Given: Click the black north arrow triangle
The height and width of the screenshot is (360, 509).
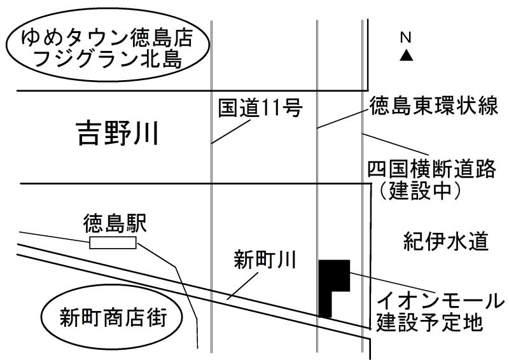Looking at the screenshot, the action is tap(406, 55).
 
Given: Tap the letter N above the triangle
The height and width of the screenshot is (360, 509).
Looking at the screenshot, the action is tap(405, 38).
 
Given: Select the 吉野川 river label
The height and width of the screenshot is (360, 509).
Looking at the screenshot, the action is tap(118, 133).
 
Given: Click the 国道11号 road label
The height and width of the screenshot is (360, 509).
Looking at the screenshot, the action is tap(260, 107).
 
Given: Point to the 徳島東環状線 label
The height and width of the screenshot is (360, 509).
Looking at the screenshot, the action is tap(434, 105).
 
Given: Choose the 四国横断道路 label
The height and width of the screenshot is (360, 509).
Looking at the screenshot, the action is tap(432, 169).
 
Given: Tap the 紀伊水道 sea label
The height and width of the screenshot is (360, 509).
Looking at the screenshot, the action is tap(446, 241).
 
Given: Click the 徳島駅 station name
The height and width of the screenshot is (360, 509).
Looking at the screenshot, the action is tap(115, 223).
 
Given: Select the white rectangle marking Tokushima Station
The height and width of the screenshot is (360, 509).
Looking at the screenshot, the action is tap(113, 243).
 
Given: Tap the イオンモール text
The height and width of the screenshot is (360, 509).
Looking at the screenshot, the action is tap(440, 301).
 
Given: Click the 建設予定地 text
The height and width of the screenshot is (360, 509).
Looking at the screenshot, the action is tap(429, 322).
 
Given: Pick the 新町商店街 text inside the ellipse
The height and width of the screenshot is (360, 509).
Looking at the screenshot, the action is tap(113, 317).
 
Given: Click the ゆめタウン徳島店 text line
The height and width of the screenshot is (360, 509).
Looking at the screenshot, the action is tap(107, 38).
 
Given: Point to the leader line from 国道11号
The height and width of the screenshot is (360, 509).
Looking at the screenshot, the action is tap(231, 132).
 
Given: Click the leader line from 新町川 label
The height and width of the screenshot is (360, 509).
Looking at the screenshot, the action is tap(242, 286).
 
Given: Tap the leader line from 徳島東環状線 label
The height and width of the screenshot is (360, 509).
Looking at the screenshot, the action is tap(344, 119).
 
